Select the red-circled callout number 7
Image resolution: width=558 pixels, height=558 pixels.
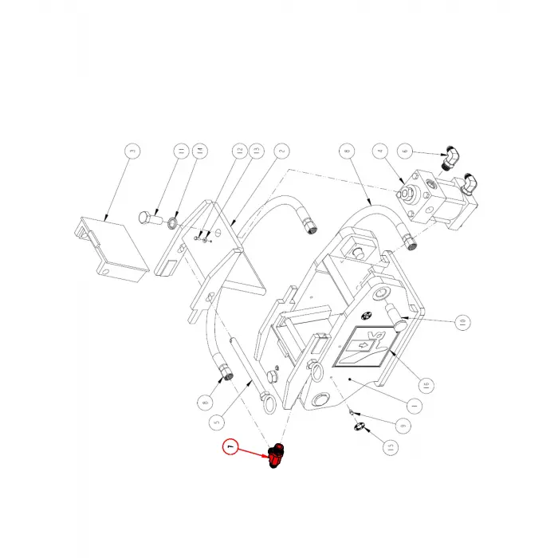(231, 449)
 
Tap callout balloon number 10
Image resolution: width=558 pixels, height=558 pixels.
(460, 323)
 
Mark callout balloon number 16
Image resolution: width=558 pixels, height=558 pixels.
(425, 384)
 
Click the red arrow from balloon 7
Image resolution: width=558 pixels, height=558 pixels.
(255, 454)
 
